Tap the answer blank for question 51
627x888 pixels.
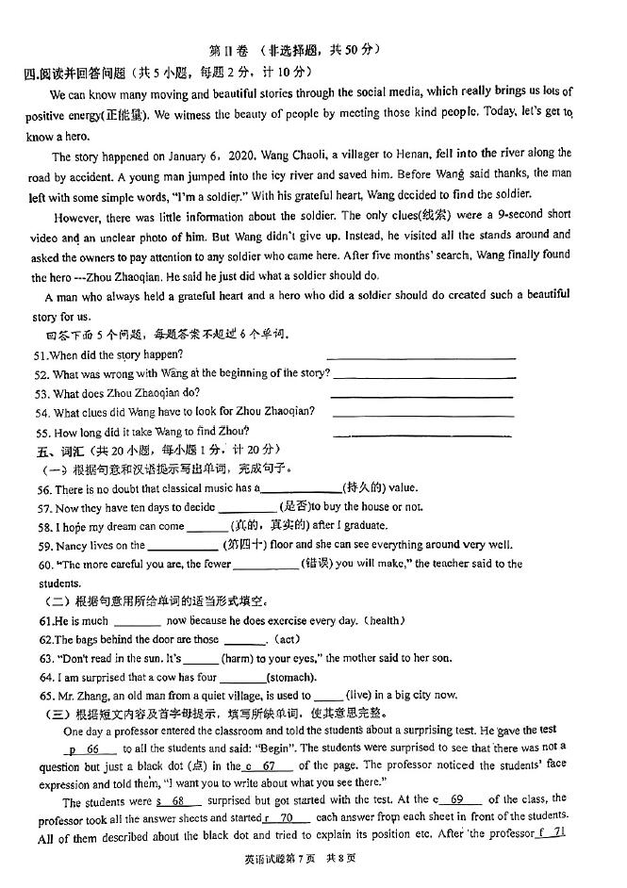[x=421, y=356]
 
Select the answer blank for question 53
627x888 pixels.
[x=422, y=394]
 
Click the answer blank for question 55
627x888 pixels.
[x=422, y=433]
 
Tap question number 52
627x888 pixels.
[x=41, y=374]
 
